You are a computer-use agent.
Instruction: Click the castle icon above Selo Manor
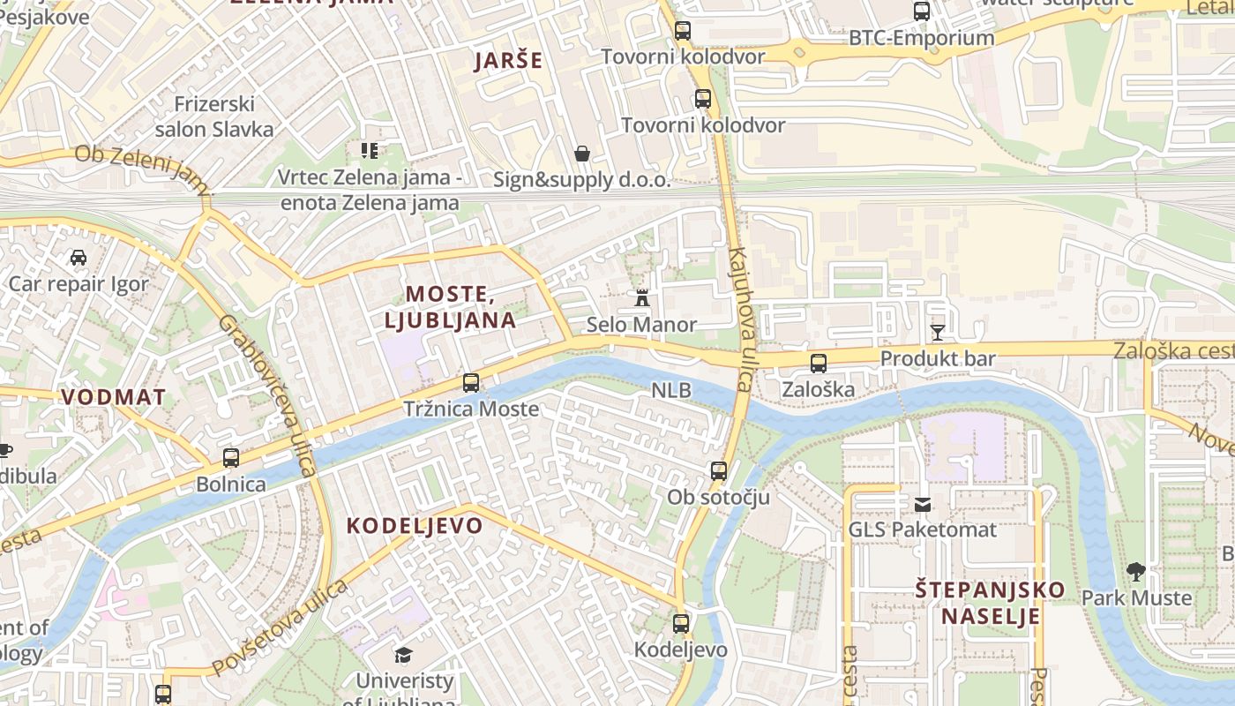[642, 297]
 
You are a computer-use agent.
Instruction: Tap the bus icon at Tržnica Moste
[471, 383]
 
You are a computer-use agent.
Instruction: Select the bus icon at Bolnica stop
[231, 458]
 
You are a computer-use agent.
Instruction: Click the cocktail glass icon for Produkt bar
[937, 333]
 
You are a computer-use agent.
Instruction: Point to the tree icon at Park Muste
[1136, 572]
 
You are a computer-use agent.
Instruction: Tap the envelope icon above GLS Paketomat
[923, 505]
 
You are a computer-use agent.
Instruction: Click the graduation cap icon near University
[403, 655]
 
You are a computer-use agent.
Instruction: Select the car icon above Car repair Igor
[79, 258]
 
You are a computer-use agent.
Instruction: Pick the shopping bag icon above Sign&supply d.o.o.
[582, 154]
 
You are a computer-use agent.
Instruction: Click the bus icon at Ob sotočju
[719, 471]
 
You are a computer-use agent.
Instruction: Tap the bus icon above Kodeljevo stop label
[681, 624]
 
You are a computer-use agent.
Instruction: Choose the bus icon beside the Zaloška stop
[819, 363]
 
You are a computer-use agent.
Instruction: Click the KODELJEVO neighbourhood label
[415, 526]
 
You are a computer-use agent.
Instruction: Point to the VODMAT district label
[114, 397]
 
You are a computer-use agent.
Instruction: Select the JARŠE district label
[508, 61]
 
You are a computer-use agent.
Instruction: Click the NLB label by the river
[671, 390]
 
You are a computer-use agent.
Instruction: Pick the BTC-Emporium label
[921, 38]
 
